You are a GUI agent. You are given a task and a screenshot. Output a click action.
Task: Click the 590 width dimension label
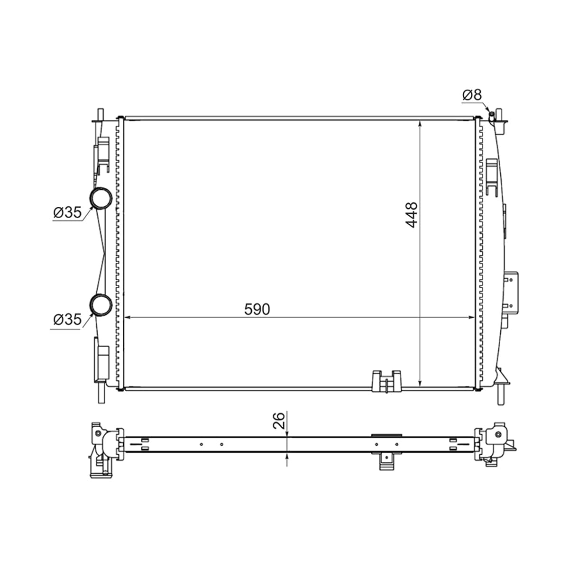click(x=257, y=309)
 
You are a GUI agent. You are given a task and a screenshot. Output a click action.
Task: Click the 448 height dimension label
click(x=411, y=215)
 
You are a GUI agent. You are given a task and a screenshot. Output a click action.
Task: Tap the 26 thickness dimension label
click(x=279, y=421)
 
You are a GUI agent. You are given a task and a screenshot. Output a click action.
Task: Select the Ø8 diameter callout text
click(x=472, y=95)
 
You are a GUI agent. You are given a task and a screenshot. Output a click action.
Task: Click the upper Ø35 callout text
click(x=67, y=212)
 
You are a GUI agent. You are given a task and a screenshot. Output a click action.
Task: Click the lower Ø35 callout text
click(x=67, y=320)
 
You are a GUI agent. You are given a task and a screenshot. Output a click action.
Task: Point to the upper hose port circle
click(x=101, y=198)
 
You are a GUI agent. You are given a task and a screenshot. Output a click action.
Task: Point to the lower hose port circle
click(x=101, y=305)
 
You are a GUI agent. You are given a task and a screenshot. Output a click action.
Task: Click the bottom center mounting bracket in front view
click(x=387, y=381)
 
